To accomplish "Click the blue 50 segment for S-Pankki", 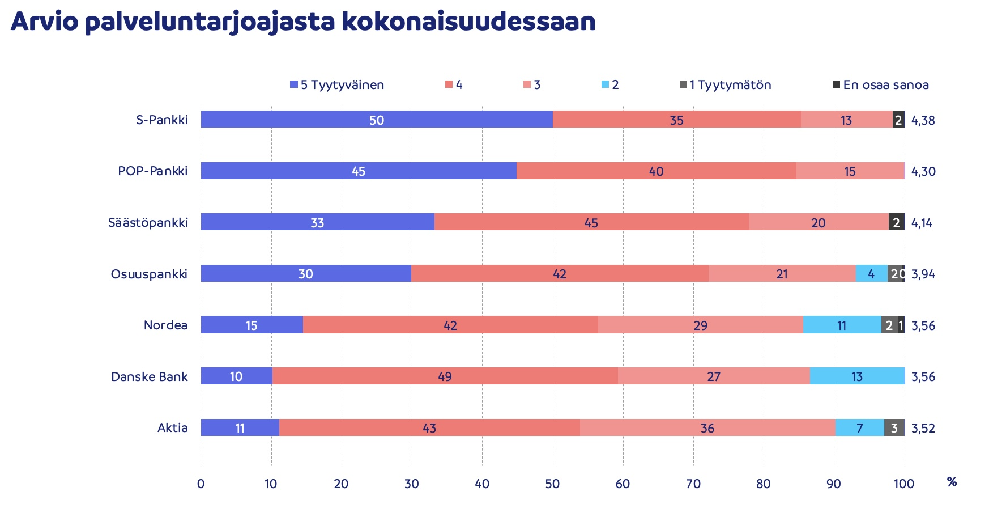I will [377, 120].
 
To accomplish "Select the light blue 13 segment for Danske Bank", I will [857, 376].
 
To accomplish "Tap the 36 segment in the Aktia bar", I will [707, 428].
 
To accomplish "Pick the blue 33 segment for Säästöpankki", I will [317, 222].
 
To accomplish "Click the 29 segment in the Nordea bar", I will [700, 325].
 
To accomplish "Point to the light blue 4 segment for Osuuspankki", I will [871, 274].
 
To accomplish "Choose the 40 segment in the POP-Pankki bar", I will [656, 171].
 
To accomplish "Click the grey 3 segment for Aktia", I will [894, 428].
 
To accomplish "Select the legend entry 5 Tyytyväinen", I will [337, 85].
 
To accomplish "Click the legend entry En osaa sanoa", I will [880, 85].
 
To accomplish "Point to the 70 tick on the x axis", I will [693, 484].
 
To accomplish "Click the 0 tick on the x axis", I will [201, 484].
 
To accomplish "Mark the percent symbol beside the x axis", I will [952, 482].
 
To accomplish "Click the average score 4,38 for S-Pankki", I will [923, 120].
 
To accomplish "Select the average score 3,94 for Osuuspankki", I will [923, 274].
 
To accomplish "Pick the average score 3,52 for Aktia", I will [923, 429].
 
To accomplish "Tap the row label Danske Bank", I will [149, 377].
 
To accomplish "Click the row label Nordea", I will [165, 325].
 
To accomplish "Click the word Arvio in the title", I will [44, 22].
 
